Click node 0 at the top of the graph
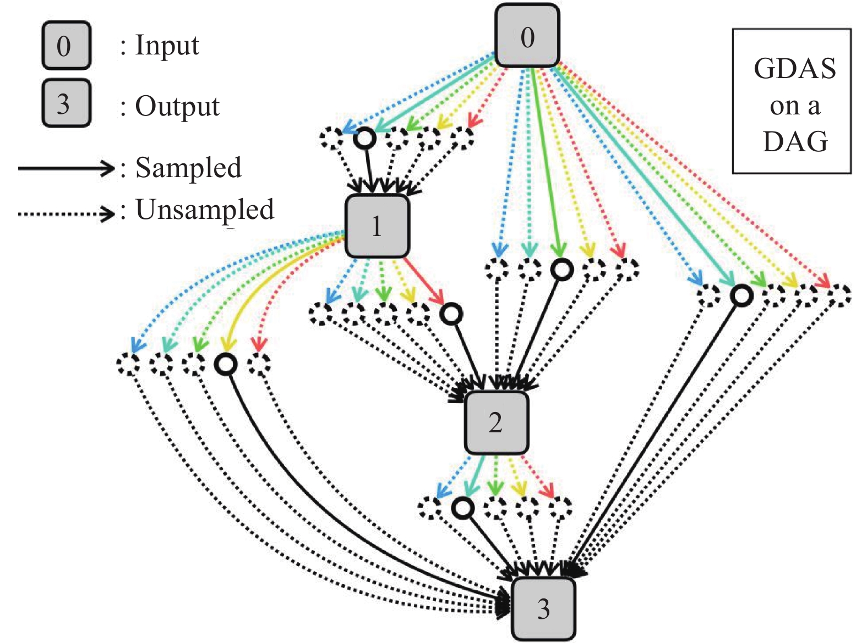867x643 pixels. coord(527,36)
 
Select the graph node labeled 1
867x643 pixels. coord(377,226)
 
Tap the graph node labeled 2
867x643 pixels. coord(496,422)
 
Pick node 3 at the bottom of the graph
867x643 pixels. coord(543,608)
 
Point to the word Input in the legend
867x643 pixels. coord(167,45)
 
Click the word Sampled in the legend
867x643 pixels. coord(188,168)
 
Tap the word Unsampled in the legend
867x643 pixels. coord(205,210)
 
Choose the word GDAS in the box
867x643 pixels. coord(794,69)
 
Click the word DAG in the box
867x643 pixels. coord(795,141)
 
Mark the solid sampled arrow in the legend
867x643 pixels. coord(66,168)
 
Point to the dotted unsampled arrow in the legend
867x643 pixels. coord(66,213)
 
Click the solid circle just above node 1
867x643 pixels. coord(364,138)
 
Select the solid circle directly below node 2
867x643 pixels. coord(463,508)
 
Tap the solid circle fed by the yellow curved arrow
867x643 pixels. coord(226,364)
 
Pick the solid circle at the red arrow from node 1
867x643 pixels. coord(451,314)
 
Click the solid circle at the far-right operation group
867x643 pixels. coord(741,295)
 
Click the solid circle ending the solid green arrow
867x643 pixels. coord(562,270)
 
